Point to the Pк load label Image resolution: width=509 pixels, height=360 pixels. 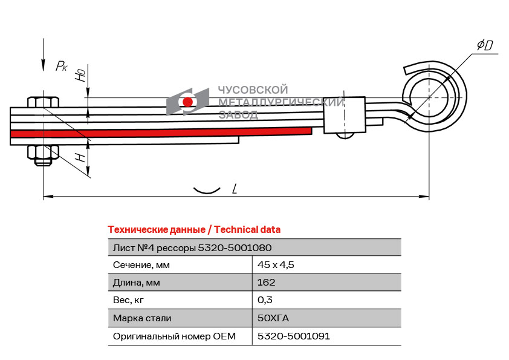tap(61, 65)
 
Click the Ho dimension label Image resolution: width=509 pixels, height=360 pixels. tap(79, 76)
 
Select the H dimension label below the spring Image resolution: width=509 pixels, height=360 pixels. tap(79, 159)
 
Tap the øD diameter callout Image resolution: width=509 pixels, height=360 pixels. tap(485, 45)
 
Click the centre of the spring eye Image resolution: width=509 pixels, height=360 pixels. tap(429, 97)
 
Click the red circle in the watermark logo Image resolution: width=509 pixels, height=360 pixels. tap(188, 102)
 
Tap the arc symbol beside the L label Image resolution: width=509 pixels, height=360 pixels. tap(206, 190)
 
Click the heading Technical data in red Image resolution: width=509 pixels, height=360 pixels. tap(194, 230)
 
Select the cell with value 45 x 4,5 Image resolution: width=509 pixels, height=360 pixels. tap(276, 265)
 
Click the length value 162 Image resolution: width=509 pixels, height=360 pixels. tap(267, 283)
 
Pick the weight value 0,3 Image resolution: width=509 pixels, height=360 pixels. tap(265, 300)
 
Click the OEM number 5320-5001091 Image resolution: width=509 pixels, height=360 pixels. tap(294, 336)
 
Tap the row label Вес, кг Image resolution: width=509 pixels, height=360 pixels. tap(129, 300)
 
